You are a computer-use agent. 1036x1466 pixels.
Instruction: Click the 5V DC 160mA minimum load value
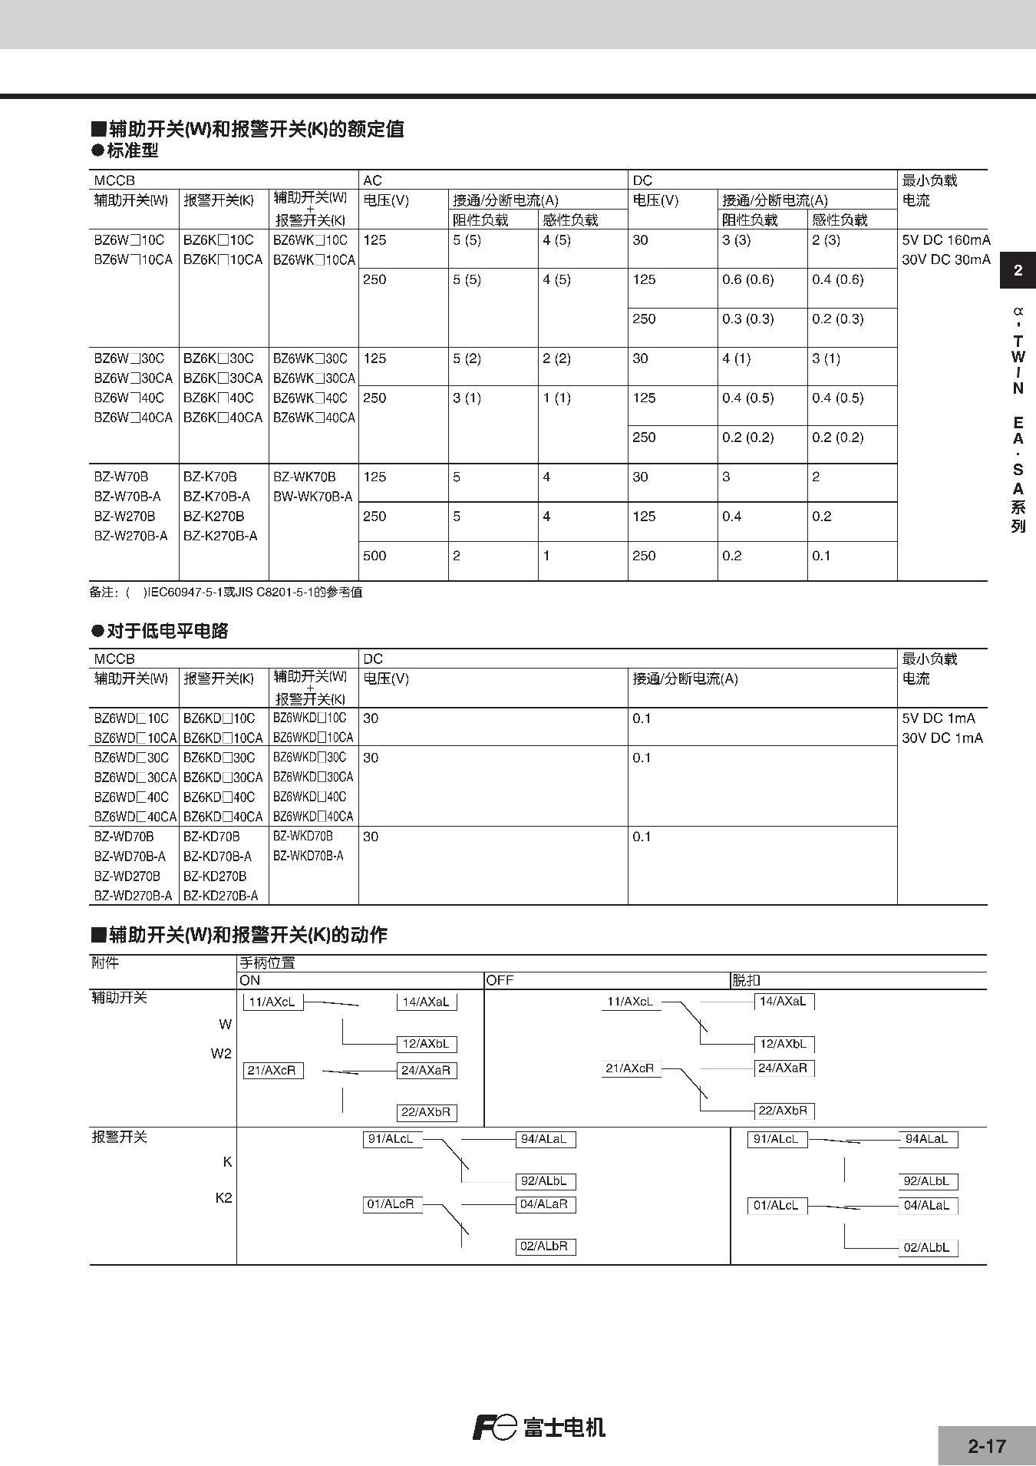tap(945, 240)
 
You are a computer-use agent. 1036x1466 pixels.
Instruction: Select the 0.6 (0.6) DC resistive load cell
tap(747, 279)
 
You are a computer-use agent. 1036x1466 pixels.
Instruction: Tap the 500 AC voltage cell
tap(374, 556)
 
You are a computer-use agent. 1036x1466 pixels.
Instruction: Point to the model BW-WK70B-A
tap(312, 497)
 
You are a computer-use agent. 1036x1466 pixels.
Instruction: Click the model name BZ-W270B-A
tap(130, 536)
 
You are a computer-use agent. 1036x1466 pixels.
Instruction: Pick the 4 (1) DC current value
tap(736, 358)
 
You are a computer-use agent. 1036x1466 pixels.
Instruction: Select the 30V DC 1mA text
tap(942, 738)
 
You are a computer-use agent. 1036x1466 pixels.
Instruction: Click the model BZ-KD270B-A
tap(220, 896)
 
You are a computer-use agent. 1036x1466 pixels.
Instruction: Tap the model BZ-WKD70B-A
tap(308, 856)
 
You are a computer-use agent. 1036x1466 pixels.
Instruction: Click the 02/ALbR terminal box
tap(545, 1246)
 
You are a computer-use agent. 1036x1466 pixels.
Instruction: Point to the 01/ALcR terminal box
tap(391, 1204)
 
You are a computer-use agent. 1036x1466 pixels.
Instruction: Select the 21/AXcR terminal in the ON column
tap(272, 1070)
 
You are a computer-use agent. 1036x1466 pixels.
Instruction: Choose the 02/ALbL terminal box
tap(927, 1248)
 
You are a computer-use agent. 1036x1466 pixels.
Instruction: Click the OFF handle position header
tap(500, 980)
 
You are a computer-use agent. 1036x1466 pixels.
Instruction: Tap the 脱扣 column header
tap(745, 980)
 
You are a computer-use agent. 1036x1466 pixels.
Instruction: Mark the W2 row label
tap(221, 1054)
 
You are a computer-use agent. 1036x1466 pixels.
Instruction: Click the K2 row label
tap(223, 1198)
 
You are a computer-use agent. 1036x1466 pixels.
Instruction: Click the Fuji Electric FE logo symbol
tap(494, 1427)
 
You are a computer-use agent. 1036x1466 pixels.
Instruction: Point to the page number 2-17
tap(986, 1446)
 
